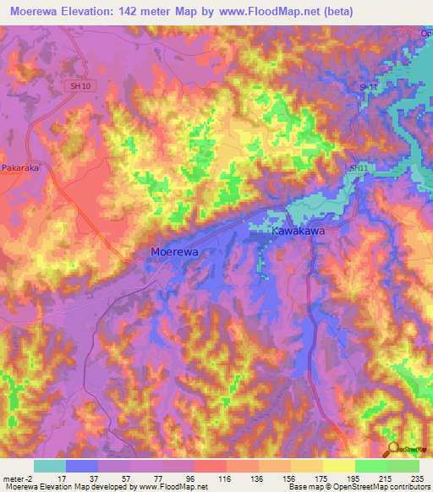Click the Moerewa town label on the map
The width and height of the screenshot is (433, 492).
point(178,251)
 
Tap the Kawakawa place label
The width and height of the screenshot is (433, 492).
point(298,230)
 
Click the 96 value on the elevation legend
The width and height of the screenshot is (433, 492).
point(190,478)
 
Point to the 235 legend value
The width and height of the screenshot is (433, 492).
point(415,478)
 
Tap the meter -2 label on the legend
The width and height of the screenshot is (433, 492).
point(18,478)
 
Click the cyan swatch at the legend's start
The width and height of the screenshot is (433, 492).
point(49,466)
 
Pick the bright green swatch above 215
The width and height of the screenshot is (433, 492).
point(370,466)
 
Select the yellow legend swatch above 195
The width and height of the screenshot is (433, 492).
point(338,466)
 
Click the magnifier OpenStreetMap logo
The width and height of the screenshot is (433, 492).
point(393,451)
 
